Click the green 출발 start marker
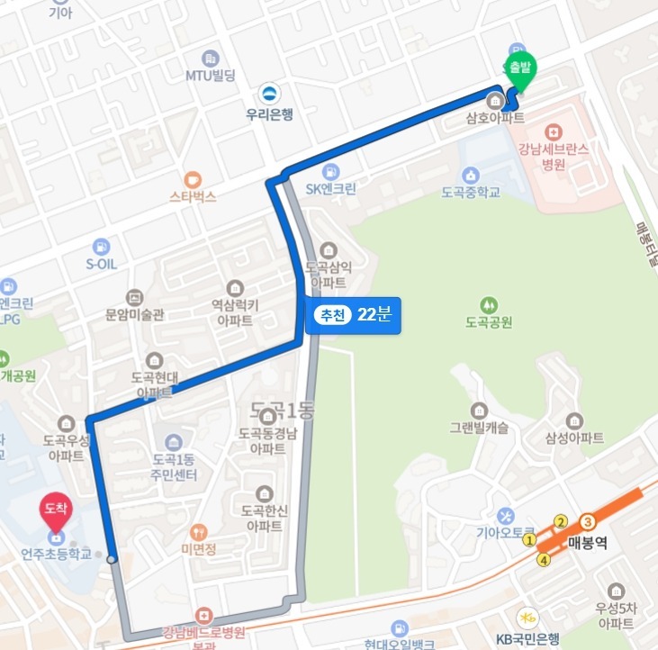pyautogui.click(x=520, y=69)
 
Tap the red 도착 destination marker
pyautogui.click(x=55, y=510)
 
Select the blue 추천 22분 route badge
pyautogui.click(x=353, y=315)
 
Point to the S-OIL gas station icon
pyautogui.click(x=101, y=246)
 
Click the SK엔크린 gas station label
pyautogui.click(x=331, y=189)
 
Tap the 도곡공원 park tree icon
pyautogui.click(x=489, y=303)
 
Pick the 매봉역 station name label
pyautogui.click(x=590, y=542)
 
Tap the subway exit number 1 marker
pyautogui.click(x=529, y=540)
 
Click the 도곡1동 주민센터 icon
pyautogui.click(x=174, y=441)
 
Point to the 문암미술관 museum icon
pyautogui.click(x=134, y=297)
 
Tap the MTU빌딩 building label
pyautogui.click(x=211, y=76)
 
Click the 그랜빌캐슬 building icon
pyautogui.click(x=478, y=410)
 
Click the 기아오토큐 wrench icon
pyautogui.click(x=506, y=515)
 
